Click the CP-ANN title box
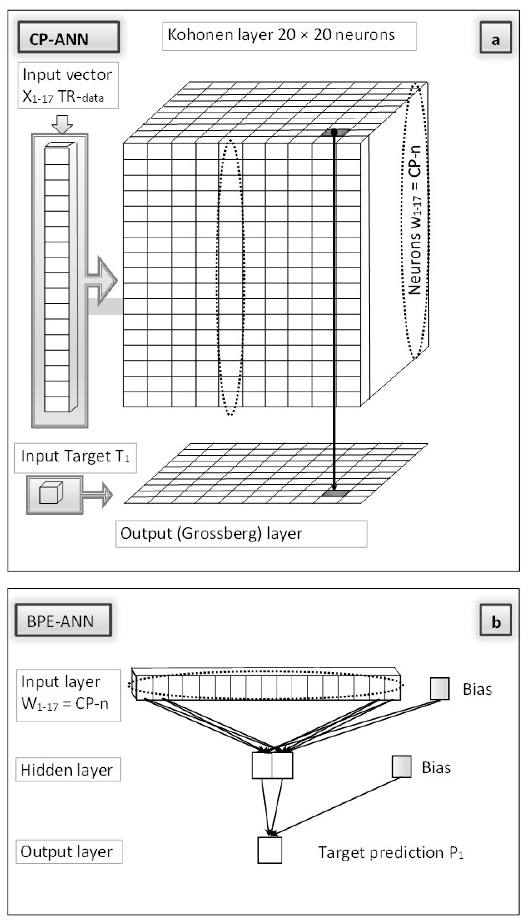tap(68, 37)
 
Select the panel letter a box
tap(495, 38)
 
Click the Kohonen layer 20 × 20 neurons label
tap(289, 36)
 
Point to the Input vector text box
tap(68, 86)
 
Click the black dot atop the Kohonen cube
tap(334, 133)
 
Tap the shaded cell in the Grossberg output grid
tap(336, 493)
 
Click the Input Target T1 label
tap(75, 457)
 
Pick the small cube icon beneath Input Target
tap(51, 493)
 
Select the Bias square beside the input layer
tap(439, 688)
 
